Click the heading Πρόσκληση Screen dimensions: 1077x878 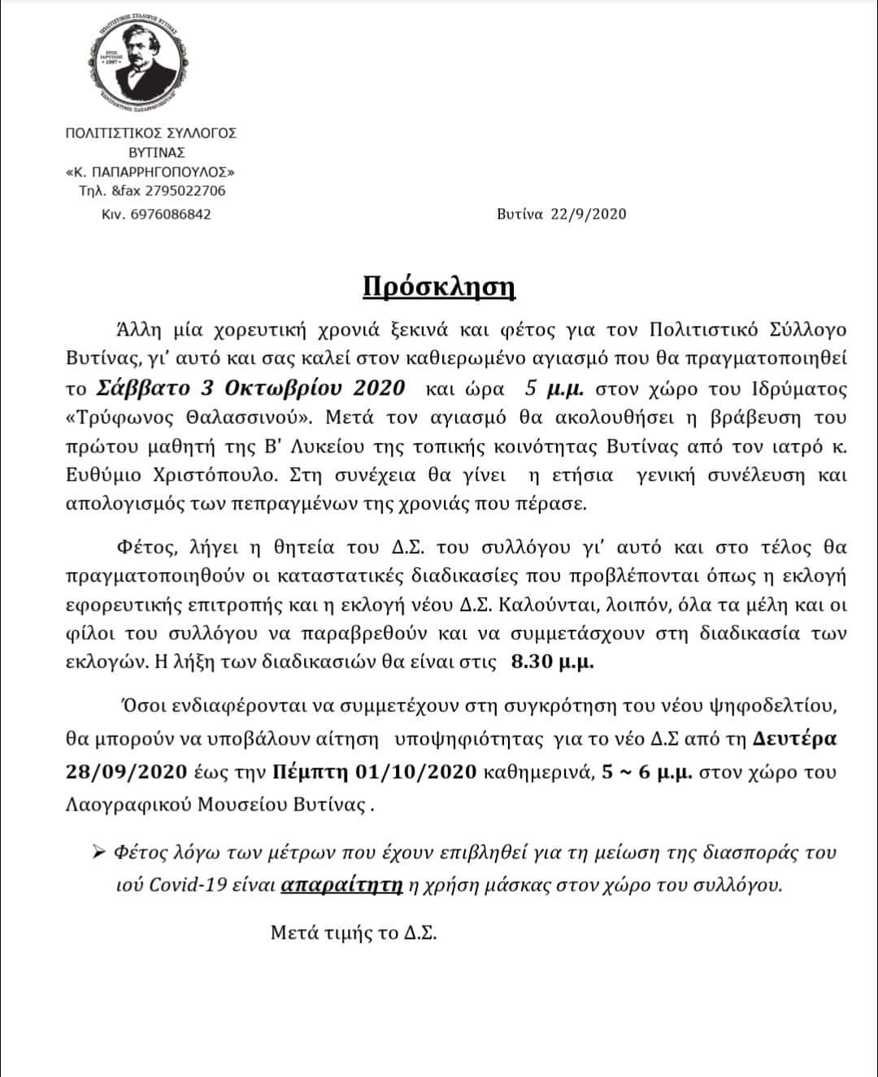click(439, 288)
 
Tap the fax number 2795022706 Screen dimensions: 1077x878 click(185, 191)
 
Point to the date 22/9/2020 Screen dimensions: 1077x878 click(589, 214)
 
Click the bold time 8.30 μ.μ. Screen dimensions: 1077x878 click(553, 661)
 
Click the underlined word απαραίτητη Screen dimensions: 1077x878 click(341, 885)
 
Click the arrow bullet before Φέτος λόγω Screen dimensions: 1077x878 click(100, 853)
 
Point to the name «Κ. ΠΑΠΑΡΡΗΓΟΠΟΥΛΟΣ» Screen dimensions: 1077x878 click(150, 172)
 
